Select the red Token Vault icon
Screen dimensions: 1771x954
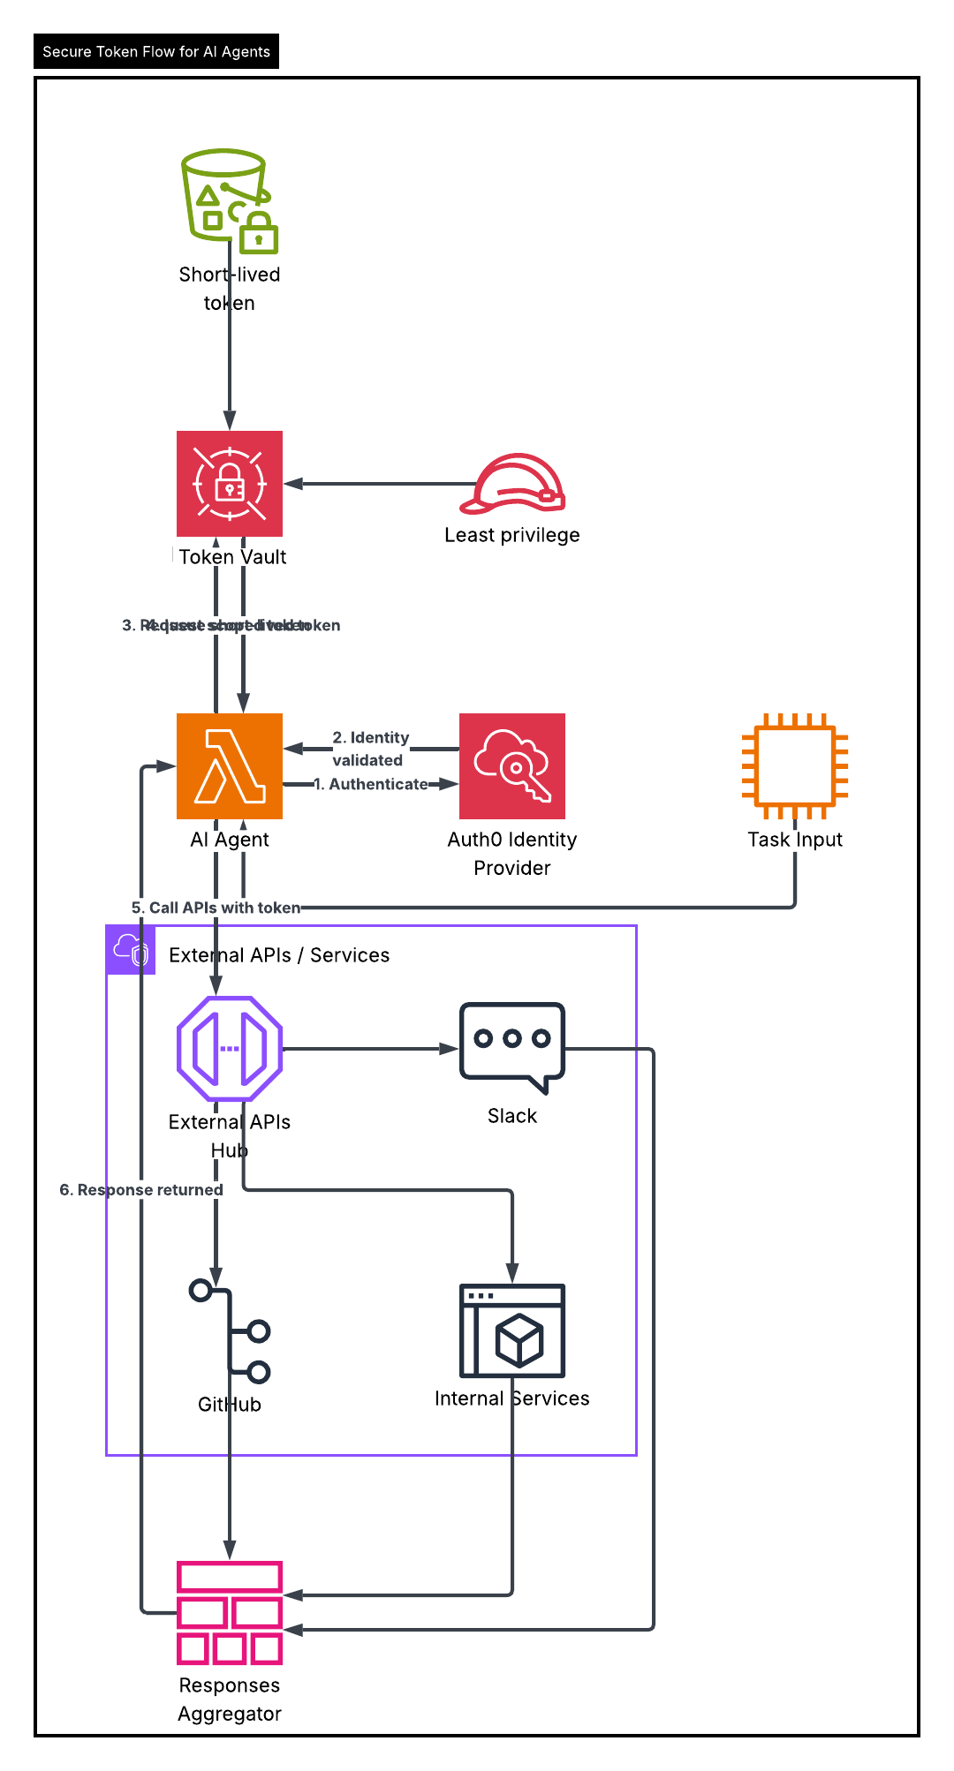[x=230, y=484]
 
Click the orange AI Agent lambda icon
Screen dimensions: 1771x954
[x=230, y=766]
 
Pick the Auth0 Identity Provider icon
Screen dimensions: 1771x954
[x=512, y=766]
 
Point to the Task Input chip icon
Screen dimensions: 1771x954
[x=795, y=766]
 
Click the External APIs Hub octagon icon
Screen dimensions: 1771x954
[x=230, y=1049]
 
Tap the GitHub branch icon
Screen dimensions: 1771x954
[x=230, y=1331]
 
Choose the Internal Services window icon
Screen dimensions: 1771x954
[x=512, y=1331]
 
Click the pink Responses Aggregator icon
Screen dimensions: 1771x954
[x=230, y=1613]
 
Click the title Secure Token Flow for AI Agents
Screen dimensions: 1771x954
[x=156, y=52]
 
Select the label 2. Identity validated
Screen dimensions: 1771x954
[x=370, y=749]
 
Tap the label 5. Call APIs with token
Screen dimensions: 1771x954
[x=216, y=908]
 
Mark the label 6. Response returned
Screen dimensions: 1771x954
[x=141, y=1190]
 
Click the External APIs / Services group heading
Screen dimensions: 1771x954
[x=279, y=955]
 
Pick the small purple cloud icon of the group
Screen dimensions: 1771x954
[x=131, y=951]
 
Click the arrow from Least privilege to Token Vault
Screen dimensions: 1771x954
[x=380, y=484]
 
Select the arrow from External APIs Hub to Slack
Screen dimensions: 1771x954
[x=371, y=1049]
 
